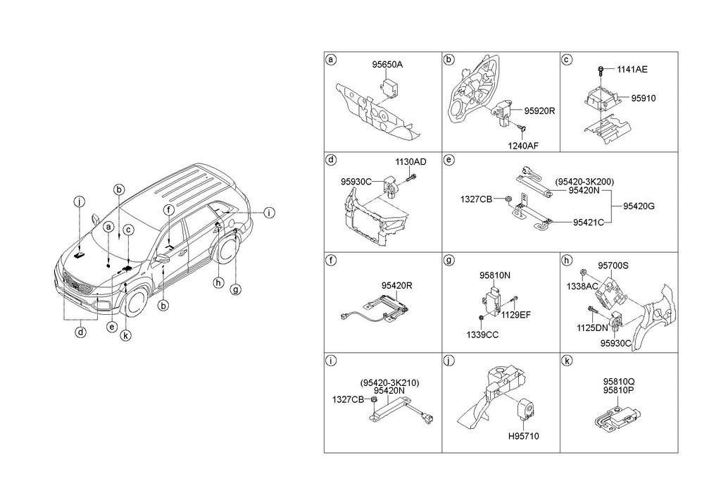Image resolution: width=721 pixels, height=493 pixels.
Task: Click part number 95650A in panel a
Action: [388, 64]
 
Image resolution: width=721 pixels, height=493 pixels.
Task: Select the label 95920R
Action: [539, 111]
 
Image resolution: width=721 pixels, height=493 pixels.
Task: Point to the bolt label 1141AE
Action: [632, 69]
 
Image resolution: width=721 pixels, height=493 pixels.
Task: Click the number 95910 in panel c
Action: [643, 99]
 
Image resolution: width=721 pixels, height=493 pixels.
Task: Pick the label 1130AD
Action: [410, 161]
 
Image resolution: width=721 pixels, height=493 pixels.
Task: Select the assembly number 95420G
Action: [639, 206]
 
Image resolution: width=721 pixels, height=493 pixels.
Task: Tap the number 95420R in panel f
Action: [397, 286]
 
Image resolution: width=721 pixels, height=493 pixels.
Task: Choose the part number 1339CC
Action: [482, 335]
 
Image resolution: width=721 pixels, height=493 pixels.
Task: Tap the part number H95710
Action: [524, 437]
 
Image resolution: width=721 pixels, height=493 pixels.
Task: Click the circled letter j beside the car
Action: [80, 203]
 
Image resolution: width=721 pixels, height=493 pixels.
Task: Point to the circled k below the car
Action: [125, 336]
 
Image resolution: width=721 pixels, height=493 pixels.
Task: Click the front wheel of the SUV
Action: [136, 301]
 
